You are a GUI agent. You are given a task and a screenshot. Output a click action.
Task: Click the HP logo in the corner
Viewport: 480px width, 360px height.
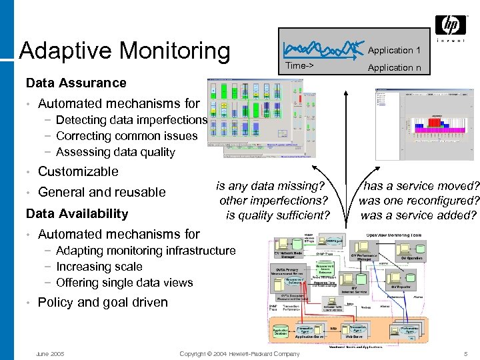(451, 26)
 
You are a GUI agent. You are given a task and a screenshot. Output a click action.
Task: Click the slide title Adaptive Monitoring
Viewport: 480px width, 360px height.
(125, 50)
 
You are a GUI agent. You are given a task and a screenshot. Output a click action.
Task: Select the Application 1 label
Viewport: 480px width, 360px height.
(394, 50)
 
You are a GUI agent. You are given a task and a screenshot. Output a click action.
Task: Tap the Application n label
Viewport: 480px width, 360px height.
(394, 67)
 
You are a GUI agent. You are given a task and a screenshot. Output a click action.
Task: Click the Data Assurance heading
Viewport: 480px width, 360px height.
(75, 83)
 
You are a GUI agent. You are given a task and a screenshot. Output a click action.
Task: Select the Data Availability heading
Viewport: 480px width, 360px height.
(76, 213)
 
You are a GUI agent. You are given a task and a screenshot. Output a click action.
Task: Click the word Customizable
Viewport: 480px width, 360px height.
(78, 171)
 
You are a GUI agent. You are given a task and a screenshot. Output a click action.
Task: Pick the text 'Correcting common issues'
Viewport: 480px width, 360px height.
(127, 136)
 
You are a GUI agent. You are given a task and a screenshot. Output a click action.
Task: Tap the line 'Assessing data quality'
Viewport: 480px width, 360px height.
(115, 152)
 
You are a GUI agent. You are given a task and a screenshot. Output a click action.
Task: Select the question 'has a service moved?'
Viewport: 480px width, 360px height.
(420, 186)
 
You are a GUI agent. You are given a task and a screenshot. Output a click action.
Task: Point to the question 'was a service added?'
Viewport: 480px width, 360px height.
(419, 215)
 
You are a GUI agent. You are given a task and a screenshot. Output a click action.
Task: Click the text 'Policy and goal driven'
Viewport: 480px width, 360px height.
(103, 302)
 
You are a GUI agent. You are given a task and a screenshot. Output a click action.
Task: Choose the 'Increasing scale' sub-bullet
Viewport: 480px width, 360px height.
(99, 267)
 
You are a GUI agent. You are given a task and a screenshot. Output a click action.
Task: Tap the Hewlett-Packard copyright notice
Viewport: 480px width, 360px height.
(240, 353)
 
